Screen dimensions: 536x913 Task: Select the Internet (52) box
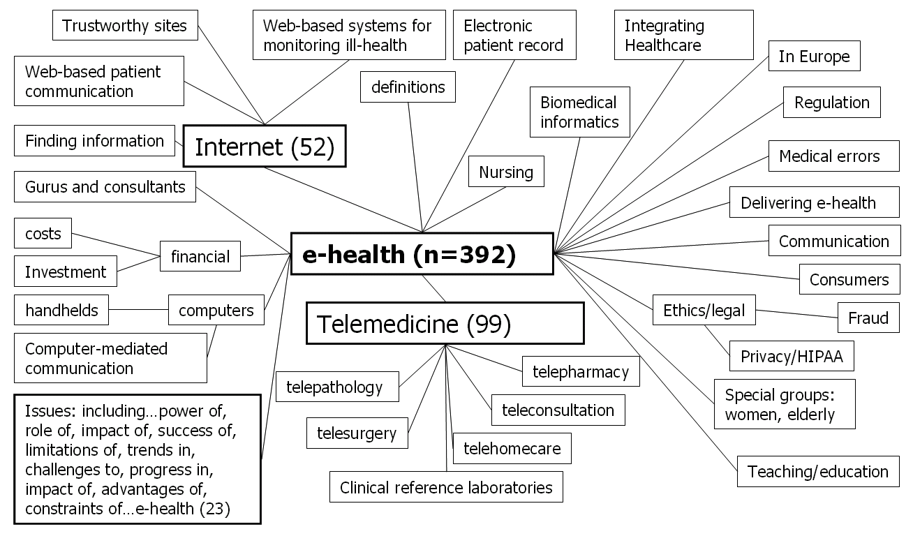pyautogui.click(x=265, y=147)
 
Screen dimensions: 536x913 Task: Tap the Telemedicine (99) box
pyautogui.click(x=445, y=323)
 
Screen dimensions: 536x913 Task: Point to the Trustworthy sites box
pyautogui.click(x=125, y=27)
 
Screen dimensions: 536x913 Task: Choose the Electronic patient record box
pyautogui.click(x=513, y=36)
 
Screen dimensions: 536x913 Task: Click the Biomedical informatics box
pyautogui.click(x=579, y=112)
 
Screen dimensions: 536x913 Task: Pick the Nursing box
pyautogui.click(x=506, y=172)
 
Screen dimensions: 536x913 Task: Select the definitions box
pyautogui.click(x=408, y=87)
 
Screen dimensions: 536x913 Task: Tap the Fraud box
pyautogui.click(x=868, y=318)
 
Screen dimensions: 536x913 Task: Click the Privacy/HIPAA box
pyautogui.click(x=792, y=357)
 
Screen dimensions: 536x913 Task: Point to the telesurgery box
pyautogui.click(x=357, y=433)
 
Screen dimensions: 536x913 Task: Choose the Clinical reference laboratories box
pyautogui.click(x=446, y=487)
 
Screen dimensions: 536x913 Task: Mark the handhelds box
pyautogui.click(x=61, y=310)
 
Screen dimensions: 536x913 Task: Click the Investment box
pyautogui.click(x=66, y=271)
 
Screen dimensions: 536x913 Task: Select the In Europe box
pyautogui.click(x=814, y=57)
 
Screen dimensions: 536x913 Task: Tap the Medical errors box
pyautogui.click(x=829, y=156)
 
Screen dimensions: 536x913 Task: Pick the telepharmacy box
pyautogui.click(x=581, y=372)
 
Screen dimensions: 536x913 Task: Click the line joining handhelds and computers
pyautogui.click(x=138, y=310)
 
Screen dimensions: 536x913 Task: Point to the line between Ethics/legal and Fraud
pyautogui.click(x=796, y=314)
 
